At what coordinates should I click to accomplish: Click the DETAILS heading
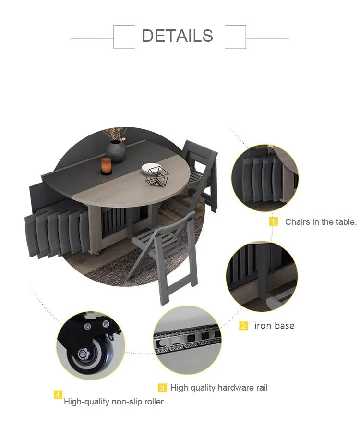(x=178, y=36)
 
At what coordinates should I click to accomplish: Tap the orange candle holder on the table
(x=107, y=166)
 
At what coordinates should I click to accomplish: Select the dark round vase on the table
(x=116, y=151)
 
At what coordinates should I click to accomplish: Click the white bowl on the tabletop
(x=151, y=168)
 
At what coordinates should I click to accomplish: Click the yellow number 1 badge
(x=273, y=221)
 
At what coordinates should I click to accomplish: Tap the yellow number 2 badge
(x=243, y=326)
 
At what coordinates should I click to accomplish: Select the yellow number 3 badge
(x=162, y=388)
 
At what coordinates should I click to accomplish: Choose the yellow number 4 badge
(x=58, y=395)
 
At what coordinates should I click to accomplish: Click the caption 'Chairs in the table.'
(x=321, y=221)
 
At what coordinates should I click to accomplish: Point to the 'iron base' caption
(x=274, y=326)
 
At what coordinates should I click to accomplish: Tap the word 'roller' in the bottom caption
(x=154, y=401)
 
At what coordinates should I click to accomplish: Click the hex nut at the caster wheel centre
(x=83, y=354)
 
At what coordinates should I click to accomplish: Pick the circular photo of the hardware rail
(x=187, y=340)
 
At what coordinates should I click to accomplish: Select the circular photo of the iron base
(x=262, y=276)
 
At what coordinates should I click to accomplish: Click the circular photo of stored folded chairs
(x=265, y=178)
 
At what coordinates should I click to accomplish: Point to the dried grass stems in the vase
(x=115, y=134)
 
